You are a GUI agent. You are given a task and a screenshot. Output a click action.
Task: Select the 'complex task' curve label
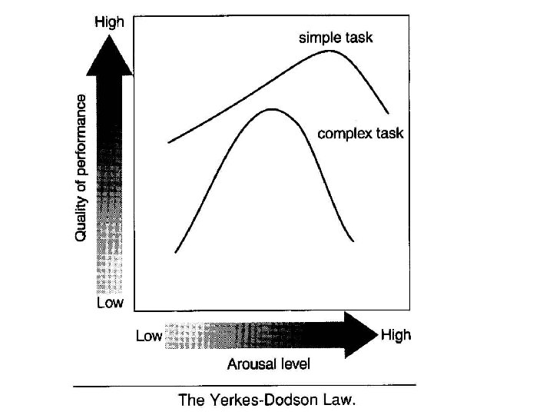tap(360, 133)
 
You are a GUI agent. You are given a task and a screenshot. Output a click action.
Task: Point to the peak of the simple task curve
tap(330, 51)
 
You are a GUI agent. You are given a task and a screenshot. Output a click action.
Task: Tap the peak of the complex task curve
tap(271, 109)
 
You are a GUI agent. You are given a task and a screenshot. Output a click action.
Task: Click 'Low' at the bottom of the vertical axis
tap(109, 303)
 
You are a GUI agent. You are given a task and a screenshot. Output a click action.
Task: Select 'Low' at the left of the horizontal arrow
tap(149, 336)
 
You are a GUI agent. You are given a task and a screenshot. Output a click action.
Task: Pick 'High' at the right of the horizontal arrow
tap(396, 335)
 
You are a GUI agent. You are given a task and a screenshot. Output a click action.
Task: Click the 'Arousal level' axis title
tap(269, 364)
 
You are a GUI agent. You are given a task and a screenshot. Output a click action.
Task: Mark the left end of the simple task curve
tap(168, 142)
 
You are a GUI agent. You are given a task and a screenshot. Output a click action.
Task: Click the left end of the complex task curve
tap(176, 252)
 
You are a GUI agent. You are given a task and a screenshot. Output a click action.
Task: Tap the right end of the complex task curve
tap(353, 241)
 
